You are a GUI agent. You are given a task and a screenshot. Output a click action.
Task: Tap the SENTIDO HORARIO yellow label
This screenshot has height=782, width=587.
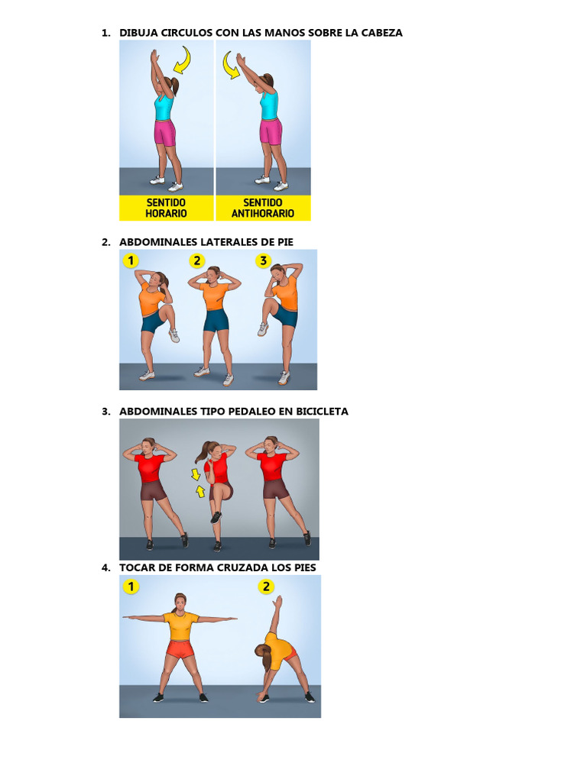(x=166, y=208)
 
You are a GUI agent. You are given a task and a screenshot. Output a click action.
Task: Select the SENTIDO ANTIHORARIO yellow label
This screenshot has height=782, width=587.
(x=263, y=208)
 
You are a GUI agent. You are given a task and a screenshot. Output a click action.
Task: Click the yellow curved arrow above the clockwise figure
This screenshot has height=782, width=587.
(x=182, y=60)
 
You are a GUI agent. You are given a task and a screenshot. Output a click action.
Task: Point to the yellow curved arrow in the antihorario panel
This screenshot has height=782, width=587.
(x=231, y=65)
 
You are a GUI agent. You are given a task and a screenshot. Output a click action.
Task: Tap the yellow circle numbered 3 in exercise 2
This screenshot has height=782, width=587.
(x=263, y=260)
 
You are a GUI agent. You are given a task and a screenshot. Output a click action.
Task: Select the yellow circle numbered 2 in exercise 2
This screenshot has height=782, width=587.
(x=197, y=260)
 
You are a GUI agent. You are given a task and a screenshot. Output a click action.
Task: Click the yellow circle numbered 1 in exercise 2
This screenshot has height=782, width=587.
(x=131, y=260)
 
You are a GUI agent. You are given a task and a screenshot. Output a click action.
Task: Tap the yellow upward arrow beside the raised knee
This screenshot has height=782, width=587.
(x=200, y=491)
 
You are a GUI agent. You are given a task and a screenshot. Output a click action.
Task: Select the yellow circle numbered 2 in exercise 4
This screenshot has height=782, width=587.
(x=266, y=586)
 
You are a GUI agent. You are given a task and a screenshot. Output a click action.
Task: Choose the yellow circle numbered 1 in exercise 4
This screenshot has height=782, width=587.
(x=131, y=586)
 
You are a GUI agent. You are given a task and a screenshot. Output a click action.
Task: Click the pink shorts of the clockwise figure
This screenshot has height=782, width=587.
(x=165, y=132)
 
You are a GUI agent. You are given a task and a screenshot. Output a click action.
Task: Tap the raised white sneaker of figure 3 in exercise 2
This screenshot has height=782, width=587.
(x=263, y=329)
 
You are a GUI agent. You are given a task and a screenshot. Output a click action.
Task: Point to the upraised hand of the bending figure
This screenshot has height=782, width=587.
(x=278, y=602)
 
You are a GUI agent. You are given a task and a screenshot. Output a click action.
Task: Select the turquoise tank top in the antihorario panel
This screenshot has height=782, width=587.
(x=269, y=105)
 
